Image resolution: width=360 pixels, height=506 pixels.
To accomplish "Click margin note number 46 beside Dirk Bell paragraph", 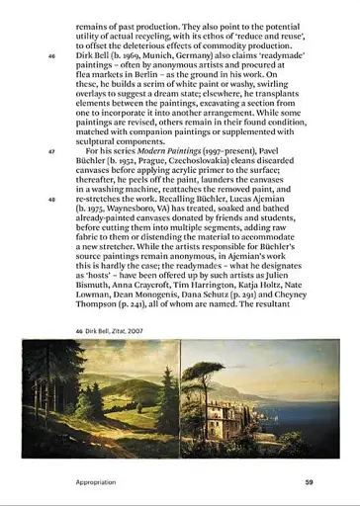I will (51, 55).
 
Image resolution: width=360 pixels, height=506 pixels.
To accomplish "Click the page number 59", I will (309, 482).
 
